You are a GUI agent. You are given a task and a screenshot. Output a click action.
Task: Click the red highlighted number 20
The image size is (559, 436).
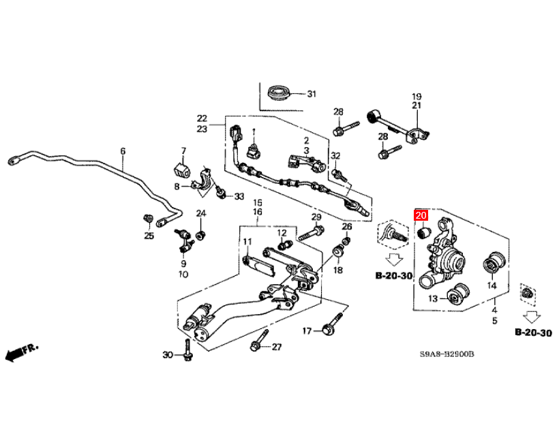click(x=421, y=216)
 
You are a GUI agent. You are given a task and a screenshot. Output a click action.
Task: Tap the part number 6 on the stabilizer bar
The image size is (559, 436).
click(x=123, y=151)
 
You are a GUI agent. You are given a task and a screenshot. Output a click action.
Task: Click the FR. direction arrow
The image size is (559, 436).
click(x=20, y=352)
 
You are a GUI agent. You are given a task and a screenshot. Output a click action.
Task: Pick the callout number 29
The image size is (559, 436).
click(x=316, y=217)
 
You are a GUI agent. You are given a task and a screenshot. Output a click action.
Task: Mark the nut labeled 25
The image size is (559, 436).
click(x=147, y=218)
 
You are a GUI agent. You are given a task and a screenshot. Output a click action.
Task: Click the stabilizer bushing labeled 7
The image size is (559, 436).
click(x=181, y=168)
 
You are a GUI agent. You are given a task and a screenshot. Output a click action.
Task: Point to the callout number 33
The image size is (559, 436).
click(x=239, y=197)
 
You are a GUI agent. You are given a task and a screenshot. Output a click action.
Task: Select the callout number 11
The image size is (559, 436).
click(x=247, y=242)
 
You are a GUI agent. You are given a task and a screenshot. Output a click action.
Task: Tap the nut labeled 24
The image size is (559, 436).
click(x=201, y=236)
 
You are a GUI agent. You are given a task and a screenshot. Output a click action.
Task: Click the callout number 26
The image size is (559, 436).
click(x=346, y=226)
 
